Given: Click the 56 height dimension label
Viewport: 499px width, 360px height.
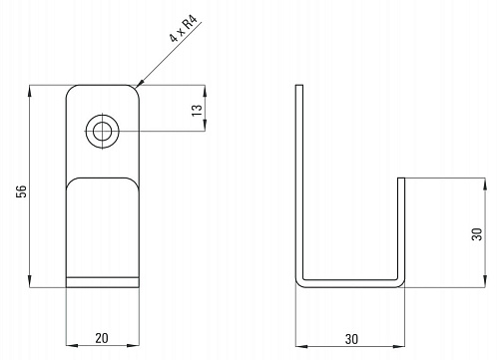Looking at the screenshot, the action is [21, 191].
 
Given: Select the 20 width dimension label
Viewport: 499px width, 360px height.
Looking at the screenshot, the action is [102, 338].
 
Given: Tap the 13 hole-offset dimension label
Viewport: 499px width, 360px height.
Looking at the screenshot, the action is [197, 110].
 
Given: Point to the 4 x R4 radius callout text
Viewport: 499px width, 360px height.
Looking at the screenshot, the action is [184, 28].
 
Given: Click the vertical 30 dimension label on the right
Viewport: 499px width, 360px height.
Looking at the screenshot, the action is [477, 234].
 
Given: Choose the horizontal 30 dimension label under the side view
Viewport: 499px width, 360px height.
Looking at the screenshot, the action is [351, 339].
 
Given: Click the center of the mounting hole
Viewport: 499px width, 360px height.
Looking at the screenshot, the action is [103, 132].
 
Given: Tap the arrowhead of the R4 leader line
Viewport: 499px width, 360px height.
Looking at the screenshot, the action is [140, 83].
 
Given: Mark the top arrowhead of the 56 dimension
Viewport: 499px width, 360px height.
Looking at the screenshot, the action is [30, 91].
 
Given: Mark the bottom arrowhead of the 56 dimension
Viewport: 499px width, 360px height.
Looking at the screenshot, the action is [30, 282].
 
